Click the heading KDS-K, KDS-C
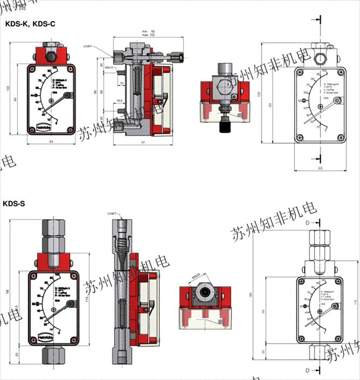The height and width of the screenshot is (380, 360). click(30, 24)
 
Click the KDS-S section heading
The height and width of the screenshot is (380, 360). click(14, 203)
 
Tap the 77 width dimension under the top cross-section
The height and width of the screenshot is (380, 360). click(142, 143)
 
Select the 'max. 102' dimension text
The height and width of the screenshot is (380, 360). click(148, 36)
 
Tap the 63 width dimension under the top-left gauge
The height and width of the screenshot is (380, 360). click(51, 142)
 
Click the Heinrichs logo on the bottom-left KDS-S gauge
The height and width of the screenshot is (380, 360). click(46, 337)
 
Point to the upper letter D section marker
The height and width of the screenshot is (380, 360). click(307, 222)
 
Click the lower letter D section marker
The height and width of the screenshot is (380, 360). click(307, 370)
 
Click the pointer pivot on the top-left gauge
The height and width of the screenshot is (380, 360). click(66, 96)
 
